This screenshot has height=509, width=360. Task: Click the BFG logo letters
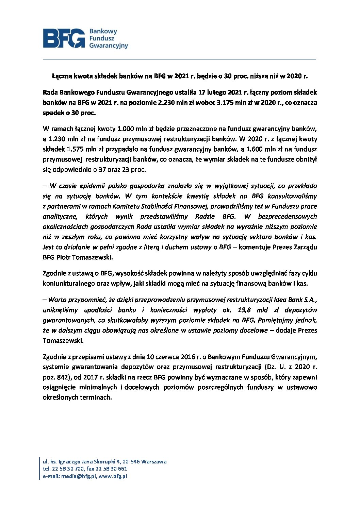pos(64,38)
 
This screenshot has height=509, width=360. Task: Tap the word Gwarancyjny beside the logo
pos(109,46)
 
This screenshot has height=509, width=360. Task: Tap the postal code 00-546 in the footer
pos(131,461)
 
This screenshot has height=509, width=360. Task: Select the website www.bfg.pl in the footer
pos(113,476)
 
